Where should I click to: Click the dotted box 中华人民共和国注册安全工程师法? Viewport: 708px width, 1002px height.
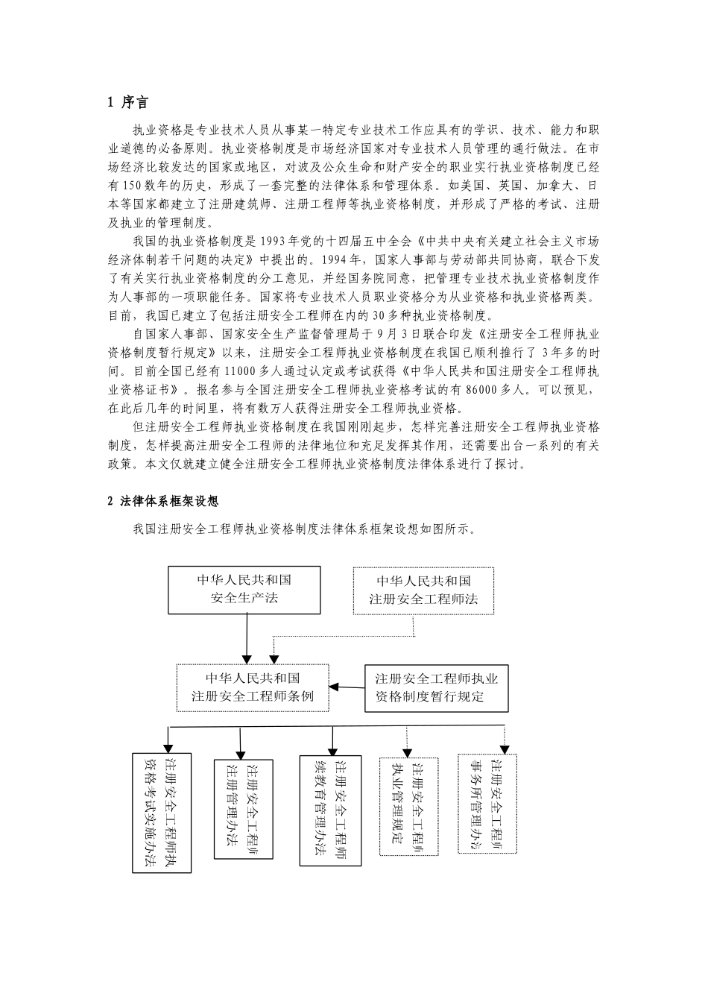point(423,589)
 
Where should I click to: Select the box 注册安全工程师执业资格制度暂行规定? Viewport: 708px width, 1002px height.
point(436,687)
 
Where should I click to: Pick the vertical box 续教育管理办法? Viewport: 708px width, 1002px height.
point(331,810)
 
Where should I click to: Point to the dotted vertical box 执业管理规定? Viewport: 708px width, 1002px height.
point(408,807)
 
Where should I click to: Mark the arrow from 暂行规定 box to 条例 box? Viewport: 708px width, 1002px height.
point(347,687)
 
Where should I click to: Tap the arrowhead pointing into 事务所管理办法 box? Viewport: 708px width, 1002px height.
point(505,748)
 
